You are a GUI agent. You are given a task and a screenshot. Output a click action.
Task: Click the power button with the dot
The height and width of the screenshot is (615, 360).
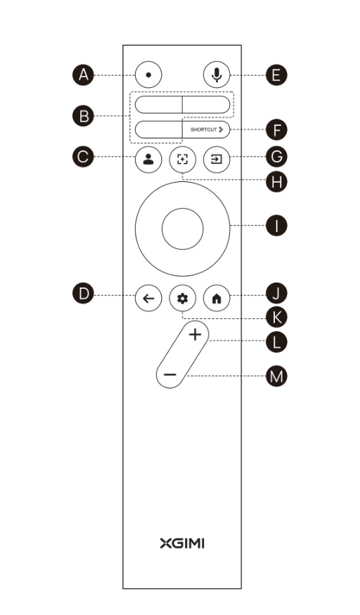(x=148, y=75)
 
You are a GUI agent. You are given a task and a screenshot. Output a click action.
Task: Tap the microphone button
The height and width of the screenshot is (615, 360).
(x=217, y=75)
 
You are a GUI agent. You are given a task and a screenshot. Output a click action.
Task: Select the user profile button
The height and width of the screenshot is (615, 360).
(x=148, y=160)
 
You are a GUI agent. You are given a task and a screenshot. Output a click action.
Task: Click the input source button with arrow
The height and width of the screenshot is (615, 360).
(x=217, y=160)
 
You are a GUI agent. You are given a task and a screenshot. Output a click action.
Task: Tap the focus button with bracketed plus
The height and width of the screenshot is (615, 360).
(x=182, y=160)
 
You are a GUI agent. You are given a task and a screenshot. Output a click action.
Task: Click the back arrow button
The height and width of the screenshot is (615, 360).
(x=148, y=299)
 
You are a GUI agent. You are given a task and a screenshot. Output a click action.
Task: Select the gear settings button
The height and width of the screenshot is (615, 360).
(x=182, y=299)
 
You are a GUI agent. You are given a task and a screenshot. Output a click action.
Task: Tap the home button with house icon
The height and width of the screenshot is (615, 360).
(x=217, y=299)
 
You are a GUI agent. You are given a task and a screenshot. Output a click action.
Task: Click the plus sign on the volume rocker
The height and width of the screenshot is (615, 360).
(x=195, y=335)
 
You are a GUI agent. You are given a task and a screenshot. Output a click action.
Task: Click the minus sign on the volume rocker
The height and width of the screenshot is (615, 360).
(x=169, y=375)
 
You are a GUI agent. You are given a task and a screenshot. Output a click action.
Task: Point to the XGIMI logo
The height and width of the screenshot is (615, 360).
(x=182, y=543)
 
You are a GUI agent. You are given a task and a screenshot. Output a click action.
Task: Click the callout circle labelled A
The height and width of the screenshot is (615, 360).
(x=83, y=75)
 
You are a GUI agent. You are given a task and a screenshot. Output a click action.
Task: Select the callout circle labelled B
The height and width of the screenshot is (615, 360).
(x=83, y=116)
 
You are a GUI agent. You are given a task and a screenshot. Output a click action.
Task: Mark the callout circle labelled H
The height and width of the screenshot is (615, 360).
(x=276, y=182)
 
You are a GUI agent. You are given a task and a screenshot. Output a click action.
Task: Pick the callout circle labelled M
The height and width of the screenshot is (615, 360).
(x=276, y=376)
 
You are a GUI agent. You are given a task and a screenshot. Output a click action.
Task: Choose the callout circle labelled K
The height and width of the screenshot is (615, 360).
(x=276, y=317)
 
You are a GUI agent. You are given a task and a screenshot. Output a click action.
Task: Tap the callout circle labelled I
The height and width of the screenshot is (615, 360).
(x=276, y=226)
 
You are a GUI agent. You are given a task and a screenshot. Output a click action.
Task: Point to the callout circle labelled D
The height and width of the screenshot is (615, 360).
(x=83, y=294)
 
